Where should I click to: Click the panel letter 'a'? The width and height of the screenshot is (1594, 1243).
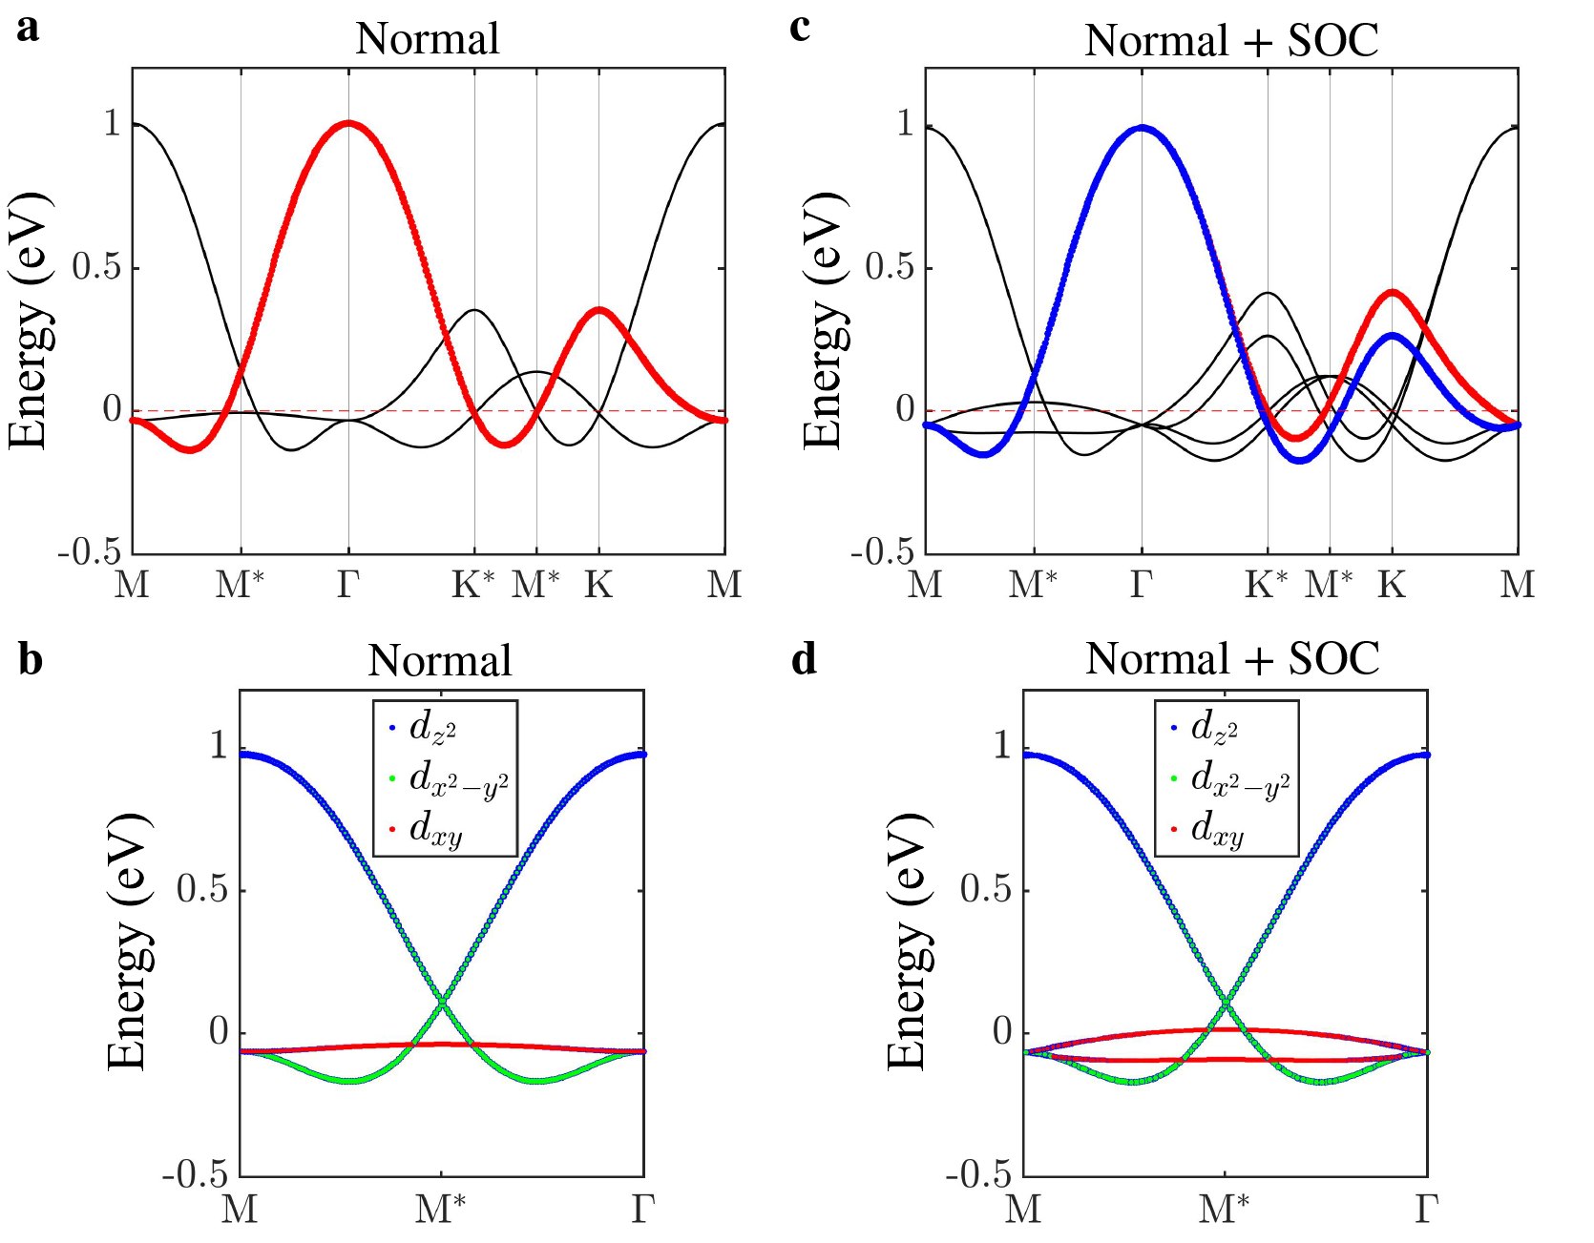tap(28, 29)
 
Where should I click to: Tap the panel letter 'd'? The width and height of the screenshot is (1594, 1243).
tap(804, 658)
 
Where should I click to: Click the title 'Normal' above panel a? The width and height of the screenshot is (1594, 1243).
tap(427, 39)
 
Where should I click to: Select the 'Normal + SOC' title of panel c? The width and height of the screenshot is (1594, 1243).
tap(1231, 40)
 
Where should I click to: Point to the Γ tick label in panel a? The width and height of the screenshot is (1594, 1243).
tap(347, 584)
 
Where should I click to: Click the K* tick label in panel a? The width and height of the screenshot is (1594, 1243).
tap(474, 584)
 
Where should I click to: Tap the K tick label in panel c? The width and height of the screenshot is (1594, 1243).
tap(1391, 584)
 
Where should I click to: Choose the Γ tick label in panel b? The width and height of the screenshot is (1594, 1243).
tap(642, 1209)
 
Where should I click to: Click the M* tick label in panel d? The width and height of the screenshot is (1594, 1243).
tap(1225, 1209)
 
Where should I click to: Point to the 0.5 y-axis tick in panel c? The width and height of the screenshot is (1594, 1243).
tap(890, 268)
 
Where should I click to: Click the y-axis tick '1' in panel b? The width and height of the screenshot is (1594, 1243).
tap(219, 745)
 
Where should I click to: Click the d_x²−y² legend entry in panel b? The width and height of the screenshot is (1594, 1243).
tap(458, 778)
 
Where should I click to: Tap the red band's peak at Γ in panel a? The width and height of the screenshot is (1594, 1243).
tap(348, 123)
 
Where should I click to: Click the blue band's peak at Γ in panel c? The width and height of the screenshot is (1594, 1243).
tap(1142, 128)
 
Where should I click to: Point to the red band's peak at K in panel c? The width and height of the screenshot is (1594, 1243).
tap(1392, 292)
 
